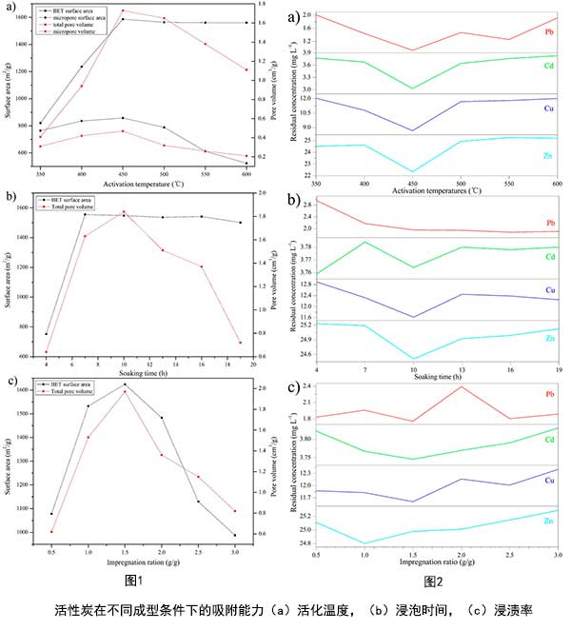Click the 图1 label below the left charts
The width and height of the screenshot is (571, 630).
tap(133, 580)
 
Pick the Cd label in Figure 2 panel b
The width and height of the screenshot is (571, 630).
tap(549, 257)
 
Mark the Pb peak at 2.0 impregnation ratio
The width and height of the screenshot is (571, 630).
tap(461, 386)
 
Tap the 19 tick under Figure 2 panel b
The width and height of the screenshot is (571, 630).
tap(557, 368)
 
